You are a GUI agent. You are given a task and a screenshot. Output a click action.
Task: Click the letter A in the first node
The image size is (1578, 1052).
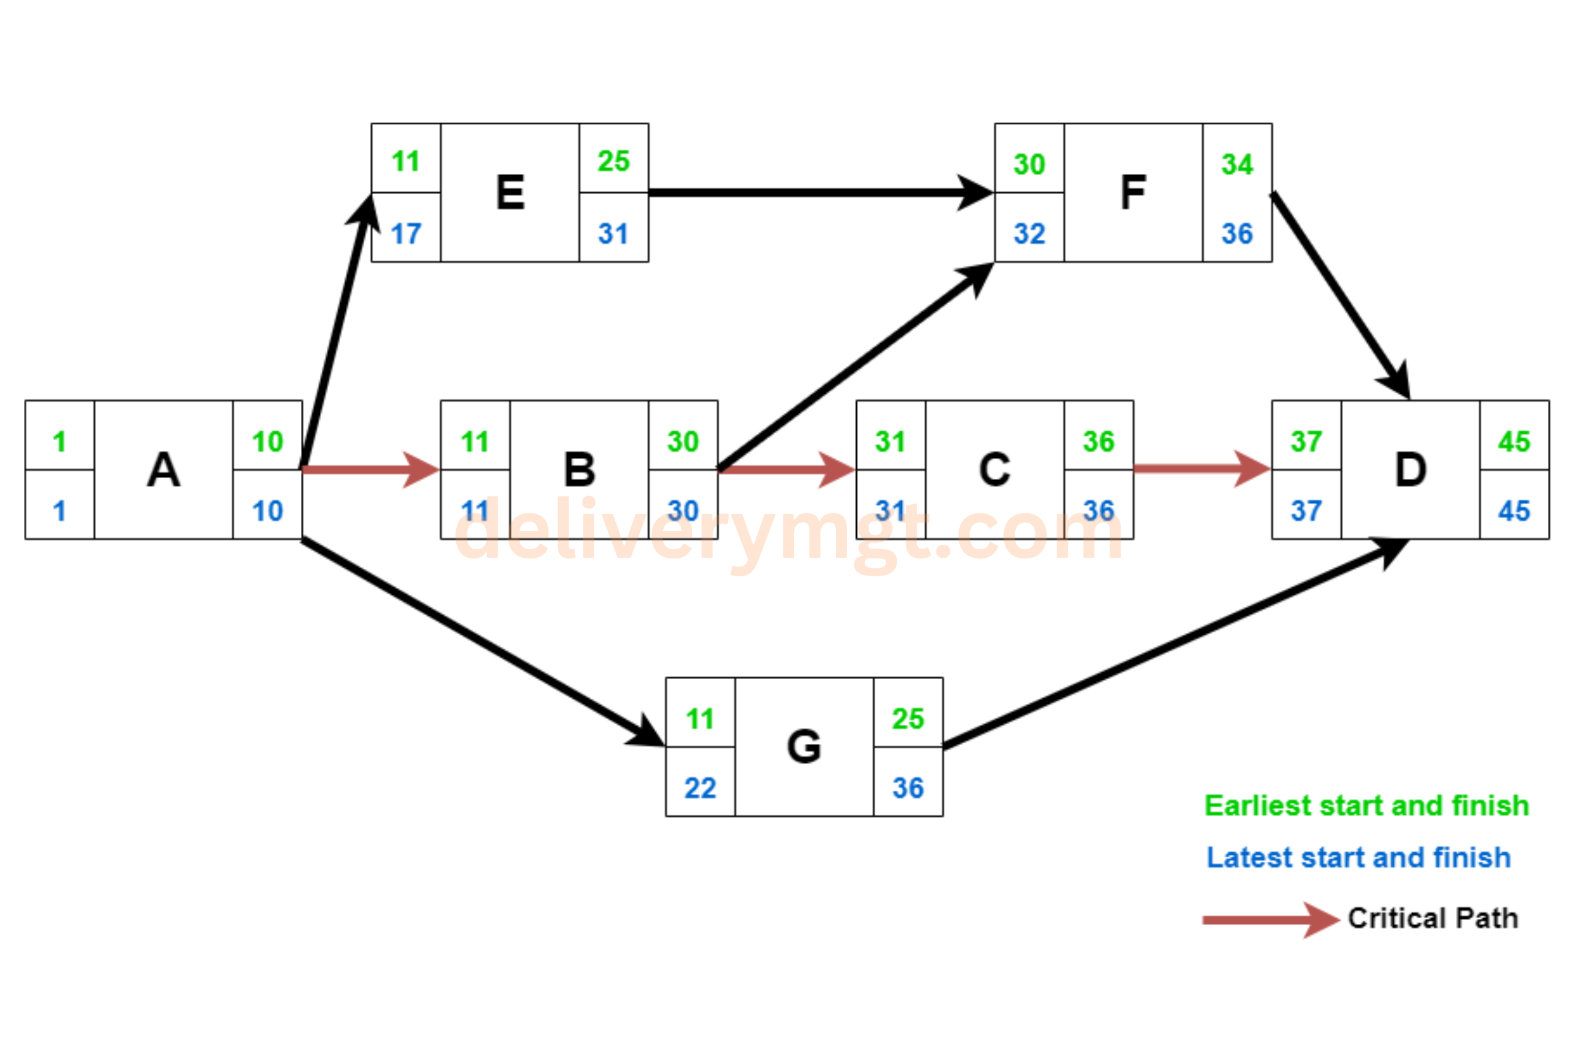pyautogui.click(x=164, y=470)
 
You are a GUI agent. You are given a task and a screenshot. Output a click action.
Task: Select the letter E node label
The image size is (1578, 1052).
pyautogui.click(x=510, y=192)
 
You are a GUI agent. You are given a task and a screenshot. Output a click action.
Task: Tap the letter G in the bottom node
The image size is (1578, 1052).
pyautogui.click(x=804, y=747)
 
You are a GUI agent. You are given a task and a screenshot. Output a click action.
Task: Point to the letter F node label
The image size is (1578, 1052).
pyautogui.click(x=1133, y=192)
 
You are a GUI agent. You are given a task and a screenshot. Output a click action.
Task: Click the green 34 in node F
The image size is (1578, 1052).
pyautogui.click(x=1237, y=165)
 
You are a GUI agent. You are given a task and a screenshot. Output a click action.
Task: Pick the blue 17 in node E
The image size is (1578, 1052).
pyautogui.click(x=406, y=234)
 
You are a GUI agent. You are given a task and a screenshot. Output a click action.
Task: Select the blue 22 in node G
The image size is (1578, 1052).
pyautogui.click(x=700, y=788)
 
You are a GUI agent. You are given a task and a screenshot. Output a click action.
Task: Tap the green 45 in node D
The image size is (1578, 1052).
pyautogui.click(x=1514, y=442)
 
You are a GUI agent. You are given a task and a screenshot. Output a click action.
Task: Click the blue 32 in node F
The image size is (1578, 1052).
pyautogui.click(x=1029, y=234)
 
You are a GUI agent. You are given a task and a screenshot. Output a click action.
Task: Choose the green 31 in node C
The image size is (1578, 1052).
pyautogui.click(x=890, y=442)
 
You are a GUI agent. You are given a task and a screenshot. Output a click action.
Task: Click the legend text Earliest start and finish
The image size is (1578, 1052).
pyautogui.click(x=1367, y=805)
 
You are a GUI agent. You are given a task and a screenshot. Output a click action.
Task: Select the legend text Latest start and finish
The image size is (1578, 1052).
pyautogui.click(x=1359, y=857)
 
